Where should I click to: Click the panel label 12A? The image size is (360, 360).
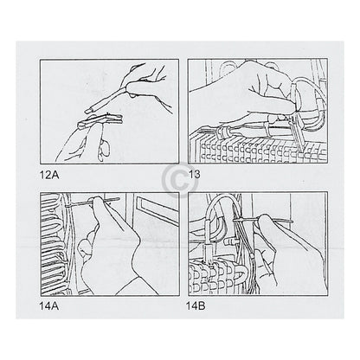click(49, 175)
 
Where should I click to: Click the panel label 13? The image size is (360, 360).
click(194, 175)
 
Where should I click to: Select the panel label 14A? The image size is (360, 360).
click(49, 306)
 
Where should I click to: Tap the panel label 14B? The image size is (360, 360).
click(196, 306)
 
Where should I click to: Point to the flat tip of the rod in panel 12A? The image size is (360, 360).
click(88, 110)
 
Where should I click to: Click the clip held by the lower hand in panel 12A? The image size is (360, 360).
click(100, 120)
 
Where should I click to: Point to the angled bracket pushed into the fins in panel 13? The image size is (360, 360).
click(297, 132)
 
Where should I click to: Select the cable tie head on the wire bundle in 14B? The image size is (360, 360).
click(235, 220)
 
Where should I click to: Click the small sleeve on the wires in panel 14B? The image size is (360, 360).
click(252, 255)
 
